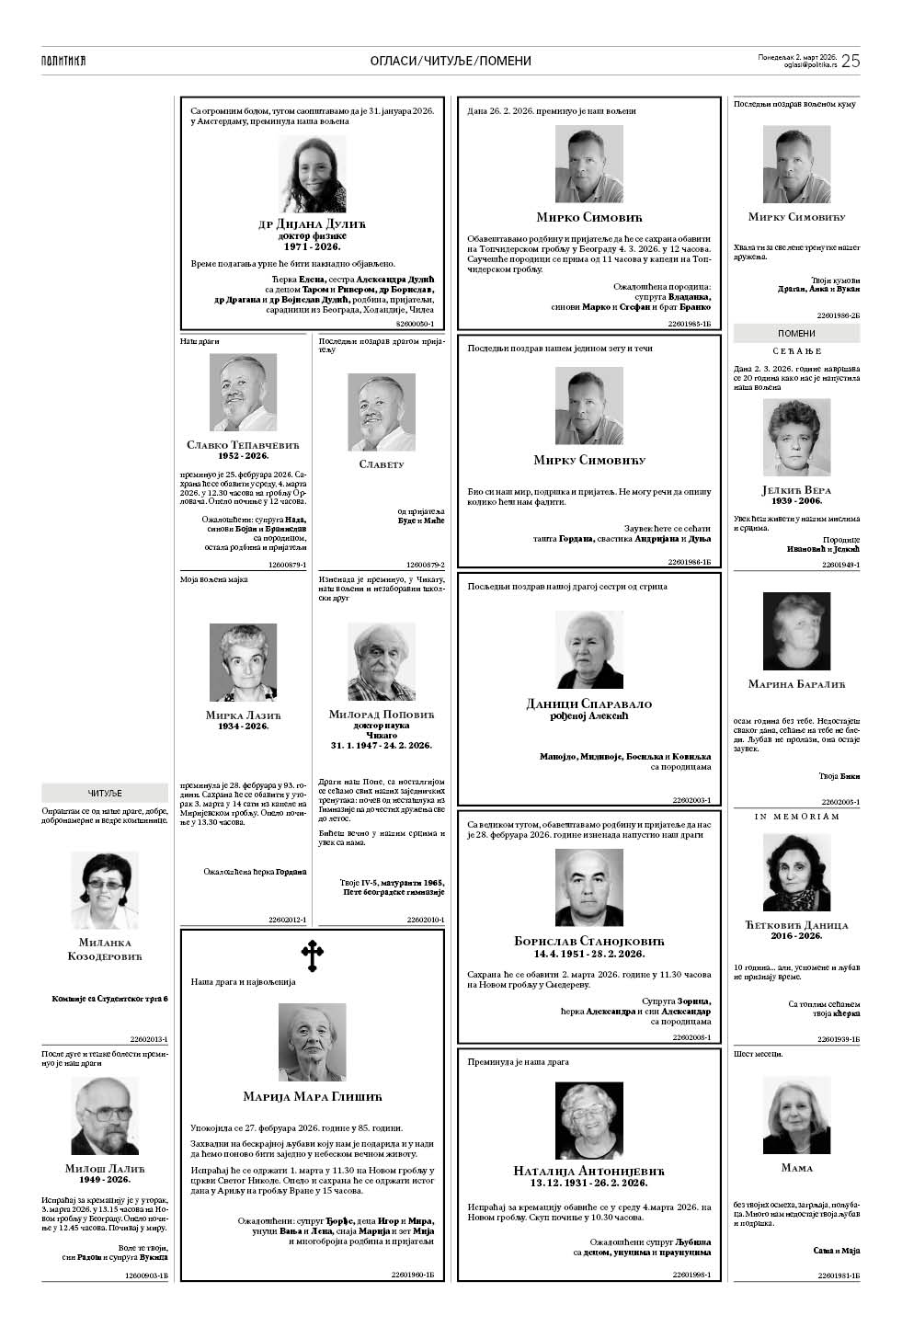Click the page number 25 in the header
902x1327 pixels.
(x=850, y=61)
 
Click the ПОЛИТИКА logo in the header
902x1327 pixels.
(x=63, y=61)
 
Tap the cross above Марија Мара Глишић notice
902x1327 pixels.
(x=313, y=955)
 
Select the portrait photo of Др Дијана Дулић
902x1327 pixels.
(x=313, y=174)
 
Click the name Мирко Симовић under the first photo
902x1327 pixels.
(x=588, y=218)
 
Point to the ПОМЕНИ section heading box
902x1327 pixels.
(x=796, y=334)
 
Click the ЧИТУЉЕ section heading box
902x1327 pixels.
(x=105, y=793)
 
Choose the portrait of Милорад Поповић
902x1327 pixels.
(x=381, y=662)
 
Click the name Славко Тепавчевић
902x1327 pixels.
(x=243, y=445)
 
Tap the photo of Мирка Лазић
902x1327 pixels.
(x=243, y=662)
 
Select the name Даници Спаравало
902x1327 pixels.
(x=588, y=704)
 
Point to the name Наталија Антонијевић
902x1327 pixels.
(x=588, y=1171)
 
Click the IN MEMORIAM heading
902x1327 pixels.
(x=796, y=817)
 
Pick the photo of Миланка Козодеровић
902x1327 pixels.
(x=105, y=889)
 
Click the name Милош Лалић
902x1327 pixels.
(x=105, y=1169)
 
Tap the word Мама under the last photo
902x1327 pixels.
(x=796, y=1168)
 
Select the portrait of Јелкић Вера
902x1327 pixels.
(x=796, y=436)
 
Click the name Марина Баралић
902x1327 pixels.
(x=796, y=684)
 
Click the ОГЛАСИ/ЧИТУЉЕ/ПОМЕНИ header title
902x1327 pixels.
(x=451, y=61)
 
